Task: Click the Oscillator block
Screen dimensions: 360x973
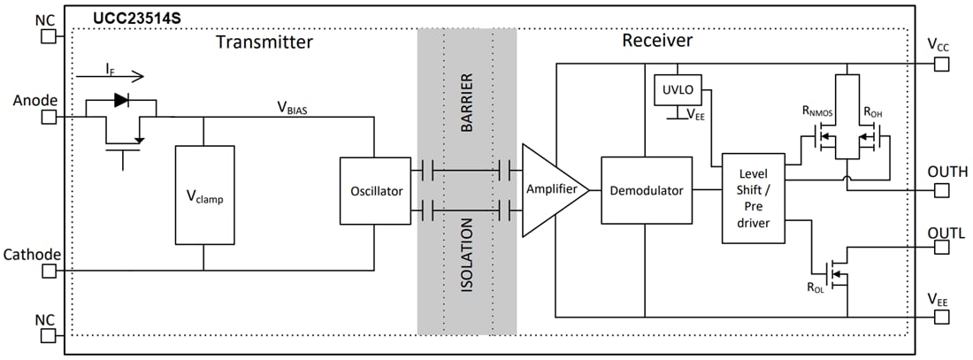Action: (x=375, y=190)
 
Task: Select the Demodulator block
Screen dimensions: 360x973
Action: (x=646, y=190)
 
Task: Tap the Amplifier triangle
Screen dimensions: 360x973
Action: (x=551, y=190)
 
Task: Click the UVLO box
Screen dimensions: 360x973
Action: (x=677, y=89)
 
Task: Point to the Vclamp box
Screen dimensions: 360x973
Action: (x=204, y=195)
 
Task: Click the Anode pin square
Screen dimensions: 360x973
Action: (x=49, y=116)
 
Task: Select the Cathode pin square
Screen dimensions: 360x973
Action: (x=49, y=271)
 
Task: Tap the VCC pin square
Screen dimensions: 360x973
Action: (x=943, y=64)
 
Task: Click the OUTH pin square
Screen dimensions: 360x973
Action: (x=943, y=188)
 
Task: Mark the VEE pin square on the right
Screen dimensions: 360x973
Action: (x=943, y=316)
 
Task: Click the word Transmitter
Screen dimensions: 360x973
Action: (x=264, y=42)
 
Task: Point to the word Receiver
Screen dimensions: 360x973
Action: (x=657, y=41)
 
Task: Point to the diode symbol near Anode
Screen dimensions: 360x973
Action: (x=122, y=99)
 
